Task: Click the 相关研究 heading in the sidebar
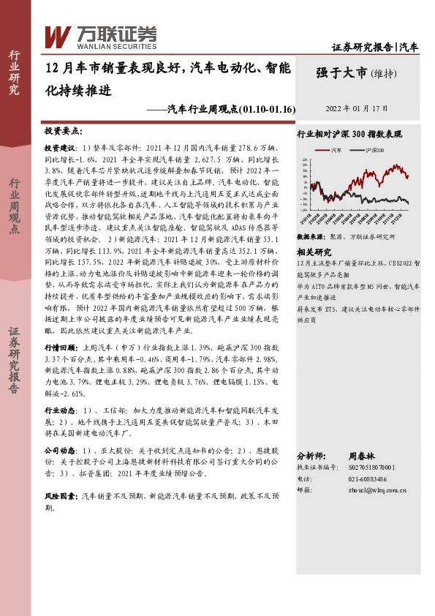(x=311, y=250)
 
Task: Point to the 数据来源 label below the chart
(x=311, y=238)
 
